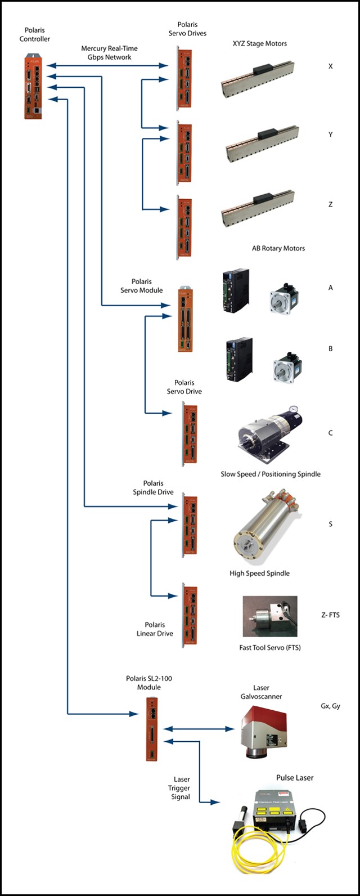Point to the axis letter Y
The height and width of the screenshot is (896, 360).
(330, 135)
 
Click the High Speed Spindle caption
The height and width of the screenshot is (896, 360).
(259, 574)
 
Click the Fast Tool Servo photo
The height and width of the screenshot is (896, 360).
(269, 617)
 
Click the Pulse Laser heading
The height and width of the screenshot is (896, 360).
(295, 778)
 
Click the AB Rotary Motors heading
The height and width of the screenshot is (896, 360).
(278, 248)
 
